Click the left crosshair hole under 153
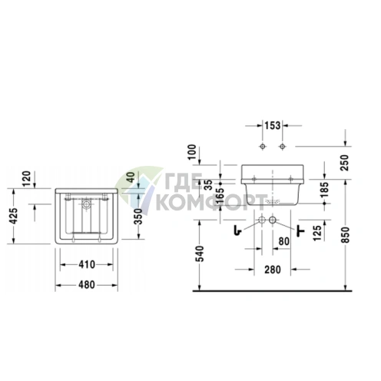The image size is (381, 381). point(262,146)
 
